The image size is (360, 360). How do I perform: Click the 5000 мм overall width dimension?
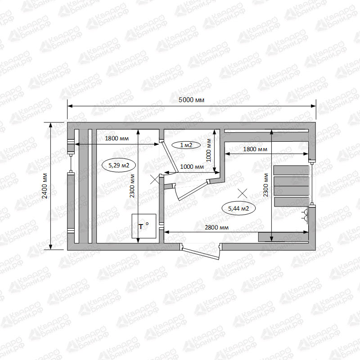tap(192, 100)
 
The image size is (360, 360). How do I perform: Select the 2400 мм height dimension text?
tap(45, 186)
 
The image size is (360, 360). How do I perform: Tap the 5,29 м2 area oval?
tap(119, 165)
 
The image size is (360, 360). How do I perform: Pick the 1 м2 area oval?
tap(186, 145)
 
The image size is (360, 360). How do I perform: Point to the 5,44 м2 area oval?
tap(238, 208)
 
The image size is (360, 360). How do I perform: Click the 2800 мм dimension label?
tap(216, 227)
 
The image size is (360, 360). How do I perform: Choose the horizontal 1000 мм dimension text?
tap(192, 166)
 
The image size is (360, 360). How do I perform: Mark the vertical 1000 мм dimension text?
tap(208, 150)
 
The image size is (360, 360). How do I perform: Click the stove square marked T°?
tap(144, 226)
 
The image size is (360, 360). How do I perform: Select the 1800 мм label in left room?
tap(117, 138)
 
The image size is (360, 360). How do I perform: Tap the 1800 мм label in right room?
tap(255, 149)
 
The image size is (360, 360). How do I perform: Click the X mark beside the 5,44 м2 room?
tap(242, 193)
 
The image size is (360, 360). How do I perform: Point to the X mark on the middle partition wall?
tap(155, 179)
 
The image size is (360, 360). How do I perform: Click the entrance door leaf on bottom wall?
tap(200, 253)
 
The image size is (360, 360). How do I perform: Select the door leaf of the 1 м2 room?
tap(170, 157)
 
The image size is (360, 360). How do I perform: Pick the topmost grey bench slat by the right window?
tap(291, 170)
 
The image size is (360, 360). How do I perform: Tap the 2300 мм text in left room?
tap(132, 186)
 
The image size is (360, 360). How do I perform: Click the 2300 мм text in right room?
tap(265, 185)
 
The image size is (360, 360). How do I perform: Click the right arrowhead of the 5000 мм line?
tap(313, 106)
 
